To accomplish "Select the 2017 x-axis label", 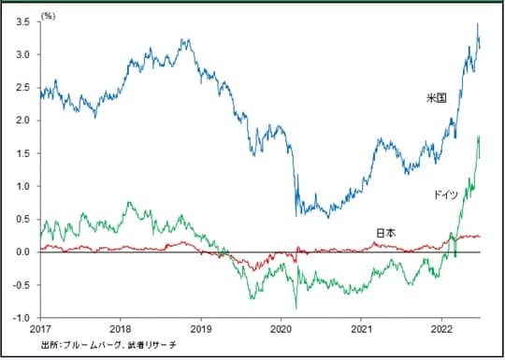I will [39, 330].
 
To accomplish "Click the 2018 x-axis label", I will [121, 330].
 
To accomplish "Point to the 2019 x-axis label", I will [201, 330].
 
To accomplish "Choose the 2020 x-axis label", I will [282, 330].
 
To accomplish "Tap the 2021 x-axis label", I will [363, 330].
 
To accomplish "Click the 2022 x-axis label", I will [443, 330].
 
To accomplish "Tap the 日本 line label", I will [385, 232].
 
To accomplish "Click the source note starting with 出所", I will [108, 345].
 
